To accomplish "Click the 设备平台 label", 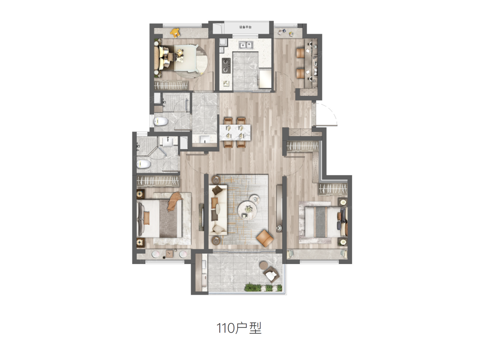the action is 245,27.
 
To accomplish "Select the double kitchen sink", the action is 246,45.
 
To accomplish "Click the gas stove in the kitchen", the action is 226,65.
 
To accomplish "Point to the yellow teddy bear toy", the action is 175,33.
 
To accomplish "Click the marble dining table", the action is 235,133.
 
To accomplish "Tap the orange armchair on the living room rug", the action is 265,238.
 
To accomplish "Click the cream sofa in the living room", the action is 218,210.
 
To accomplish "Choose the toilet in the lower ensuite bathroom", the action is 144,164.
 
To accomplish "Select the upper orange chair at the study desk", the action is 301,53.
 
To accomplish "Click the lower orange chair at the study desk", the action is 301,73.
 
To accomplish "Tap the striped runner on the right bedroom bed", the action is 321,222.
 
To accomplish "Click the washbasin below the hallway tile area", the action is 205,139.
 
